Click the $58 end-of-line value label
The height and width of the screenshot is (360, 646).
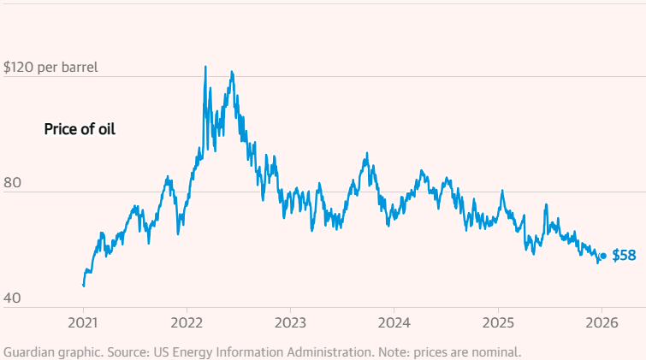pyautogui.click(x=623, y=256)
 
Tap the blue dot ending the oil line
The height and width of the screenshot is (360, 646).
pyautogui.click(x=603, y=256)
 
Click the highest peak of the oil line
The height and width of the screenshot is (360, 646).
pyautogui.click(x=205, y=67)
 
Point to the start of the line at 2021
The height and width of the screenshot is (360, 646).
pyautogui.click(x=83, y=285)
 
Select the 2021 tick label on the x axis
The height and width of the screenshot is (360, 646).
pyautogui.click(x=83, y=323)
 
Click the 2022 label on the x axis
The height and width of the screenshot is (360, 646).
pyautogui.click(x=187, y=323)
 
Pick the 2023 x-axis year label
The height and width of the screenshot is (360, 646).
pyautogui.click(x=290, y=323)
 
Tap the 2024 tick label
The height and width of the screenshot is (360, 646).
pyautogui.click(x=394, y=323)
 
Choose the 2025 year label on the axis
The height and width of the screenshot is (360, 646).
pyautogui.click(x=497, y=323)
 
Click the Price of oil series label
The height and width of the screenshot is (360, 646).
pyautogui.click(x=80, y=130)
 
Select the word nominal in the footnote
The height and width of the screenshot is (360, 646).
pyautogui.click(x=494, y=351)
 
